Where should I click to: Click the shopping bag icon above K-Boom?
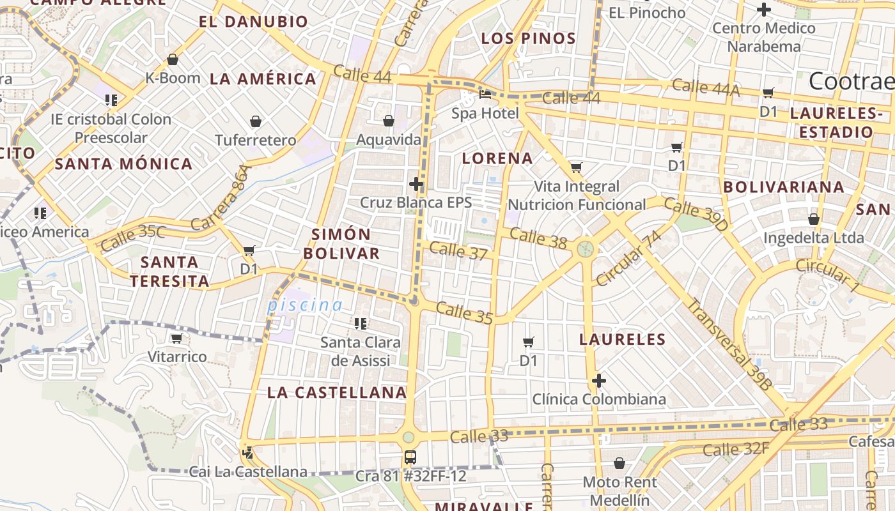pos(172,60)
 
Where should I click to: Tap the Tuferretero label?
pos(256,140)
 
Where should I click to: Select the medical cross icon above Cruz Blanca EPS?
pos(416,185)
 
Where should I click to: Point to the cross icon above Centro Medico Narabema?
pos(763,10)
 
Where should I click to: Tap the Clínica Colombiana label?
pos(599,399)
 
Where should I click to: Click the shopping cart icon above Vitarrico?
pos(176,338)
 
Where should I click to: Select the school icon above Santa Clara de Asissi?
pos(361,324)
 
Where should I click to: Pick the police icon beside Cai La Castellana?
pos(247,454)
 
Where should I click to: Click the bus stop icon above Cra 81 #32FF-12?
pos(410,457)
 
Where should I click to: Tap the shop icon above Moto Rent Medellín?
pos(619,463)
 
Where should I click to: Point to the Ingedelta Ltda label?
pos(813,238)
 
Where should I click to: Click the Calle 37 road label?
pos(458,251)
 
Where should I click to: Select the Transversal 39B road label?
pos(729,344)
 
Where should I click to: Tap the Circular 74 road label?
pos(628,258)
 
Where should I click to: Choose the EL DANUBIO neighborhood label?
pos(253,22)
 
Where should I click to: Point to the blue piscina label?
pos(305,305)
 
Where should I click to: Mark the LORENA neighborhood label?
pos(497,158)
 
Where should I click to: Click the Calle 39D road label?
pos(696,215)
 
